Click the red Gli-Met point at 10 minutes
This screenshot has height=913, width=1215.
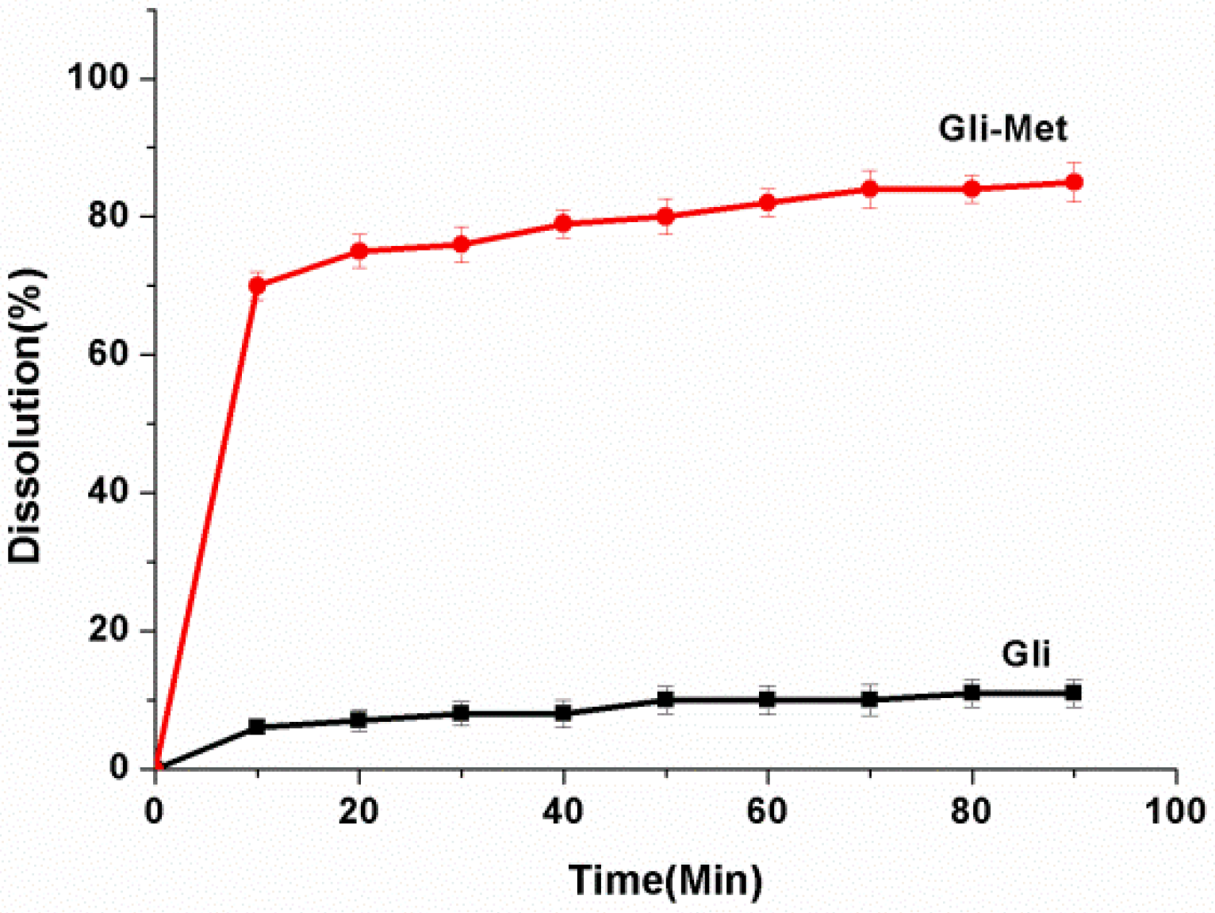(x=257, y=286)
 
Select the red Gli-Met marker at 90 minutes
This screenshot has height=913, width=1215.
(x=1074, y=182)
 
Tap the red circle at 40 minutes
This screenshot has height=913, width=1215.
(x=563, y=224)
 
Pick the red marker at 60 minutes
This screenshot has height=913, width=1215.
(x=768, y=203)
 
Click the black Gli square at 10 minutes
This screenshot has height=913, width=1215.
(x=257, y=727)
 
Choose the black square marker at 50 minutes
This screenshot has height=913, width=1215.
(x=665, y=700)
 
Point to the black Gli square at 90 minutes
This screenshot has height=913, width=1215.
(x=1074, y=693)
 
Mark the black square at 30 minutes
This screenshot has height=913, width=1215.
(x=461, y=713)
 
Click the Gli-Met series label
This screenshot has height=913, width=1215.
(x=1002, y=129)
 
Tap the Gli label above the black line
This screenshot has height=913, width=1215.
(x=1025, y=654)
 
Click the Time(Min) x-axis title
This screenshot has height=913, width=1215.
(x=665, y=880)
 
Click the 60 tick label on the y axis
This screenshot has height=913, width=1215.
(x=108, y=354)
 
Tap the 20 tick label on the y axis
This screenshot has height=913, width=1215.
(x=108, y=630)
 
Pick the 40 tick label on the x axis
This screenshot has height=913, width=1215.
(x=563, y=811)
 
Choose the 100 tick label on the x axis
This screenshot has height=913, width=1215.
(x=1175, y=811)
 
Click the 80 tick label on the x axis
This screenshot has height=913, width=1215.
(x=972, y=811)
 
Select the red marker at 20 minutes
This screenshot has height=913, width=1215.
(x=359, y=251)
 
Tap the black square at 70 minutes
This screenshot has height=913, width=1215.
(x=870, y=700)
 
